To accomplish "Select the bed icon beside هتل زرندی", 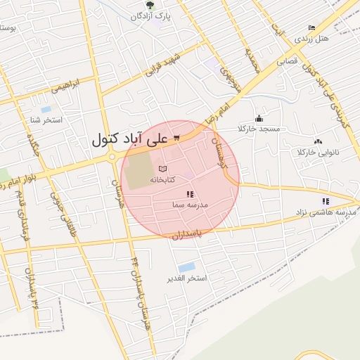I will tap(311, 27).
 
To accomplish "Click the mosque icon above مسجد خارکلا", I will tap(259, 118).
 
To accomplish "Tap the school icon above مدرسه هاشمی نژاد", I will tap(325, 201).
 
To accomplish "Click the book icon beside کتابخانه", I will tap(163, 169).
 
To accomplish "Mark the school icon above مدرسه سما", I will tap(188, 194).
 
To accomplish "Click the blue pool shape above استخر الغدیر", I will tap(186, 267).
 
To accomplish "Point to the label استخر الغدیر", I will tap(187, 278).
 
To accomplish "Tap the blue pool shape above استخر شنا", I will tap(46, 110).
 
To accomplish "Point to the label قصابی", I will tap(289, 60).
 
